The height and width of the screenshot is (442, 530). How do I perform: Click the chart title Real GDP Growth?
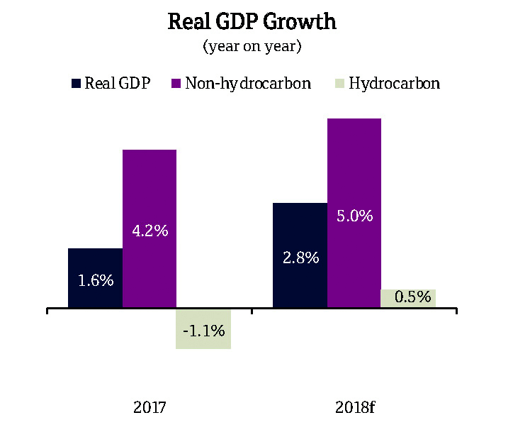point(252,22)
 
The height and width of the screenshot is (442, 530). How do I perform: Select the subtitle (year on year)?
point(252,47)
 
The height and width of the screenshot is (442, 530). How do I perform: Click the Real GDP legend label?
point(117,83)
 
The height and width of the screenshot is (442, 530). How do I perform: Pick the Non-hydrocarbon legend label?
point(248,83)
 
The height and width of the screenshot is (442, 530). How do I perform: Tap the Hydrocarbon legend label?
point(395,83)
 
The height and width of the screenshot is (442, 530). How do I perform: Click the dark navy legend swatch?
point(76,84)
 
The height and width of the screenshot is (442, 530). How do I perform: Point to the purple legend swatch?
point(176,84)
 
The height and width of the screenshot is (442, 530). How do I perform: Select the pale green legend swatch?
point(339,84)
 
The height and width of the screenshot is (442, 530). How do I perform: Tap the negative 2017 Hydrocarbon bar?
point(203,328)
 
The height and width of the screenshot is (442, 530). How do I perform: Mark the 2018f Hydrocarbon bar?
point(408,299)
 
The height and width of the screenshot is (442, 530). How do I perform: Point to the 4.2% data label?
point(150,231)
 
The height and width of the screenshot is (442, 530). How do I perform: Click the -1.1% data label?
point(203,330)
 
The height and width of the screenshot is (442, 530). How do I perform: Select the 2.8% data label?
point(300,258)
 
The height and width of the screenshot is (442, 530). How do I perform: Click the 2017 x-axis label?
point(150,408)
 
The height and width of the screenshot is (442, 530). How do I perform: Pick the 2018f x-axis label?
point(354,408)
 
